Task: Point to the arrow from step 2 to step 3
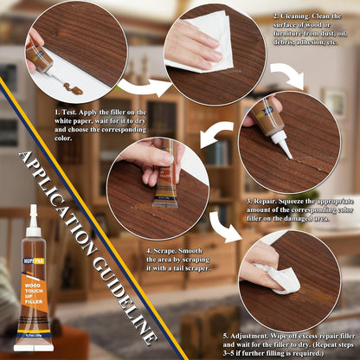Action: coord(290,75)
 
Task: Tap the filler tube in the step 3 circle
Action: coord(263,125)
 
